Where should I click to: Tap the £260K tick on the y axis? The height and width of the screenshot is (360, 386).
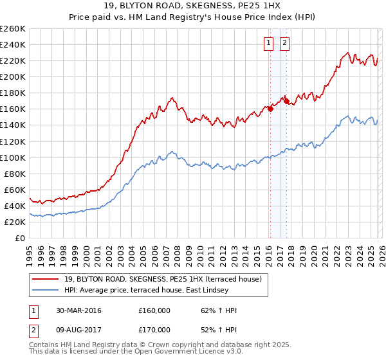[x=13, y=29]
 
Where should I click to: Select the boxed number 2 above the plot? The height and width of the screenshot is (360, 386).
[x=284, y=44]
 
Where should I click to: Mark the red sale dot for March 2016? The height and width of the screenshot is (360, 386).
[x=270, y=109]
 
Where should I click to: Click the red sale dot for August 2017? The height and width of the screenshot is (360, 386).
[x=286, y=101]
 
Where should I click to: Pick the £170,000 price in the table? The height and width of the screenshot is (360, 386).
[x=154, y=329]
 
